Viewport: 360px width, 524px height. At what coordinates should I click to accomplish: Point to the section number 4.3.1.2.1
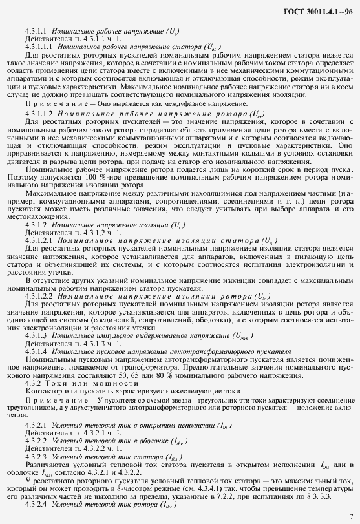click(39, 240)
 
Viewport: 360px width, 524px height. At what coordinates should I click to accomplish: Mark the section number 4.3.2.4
click(36, 503)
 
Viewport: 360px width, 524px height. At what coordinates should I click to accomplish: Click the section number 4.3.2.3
click(36, 456)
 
